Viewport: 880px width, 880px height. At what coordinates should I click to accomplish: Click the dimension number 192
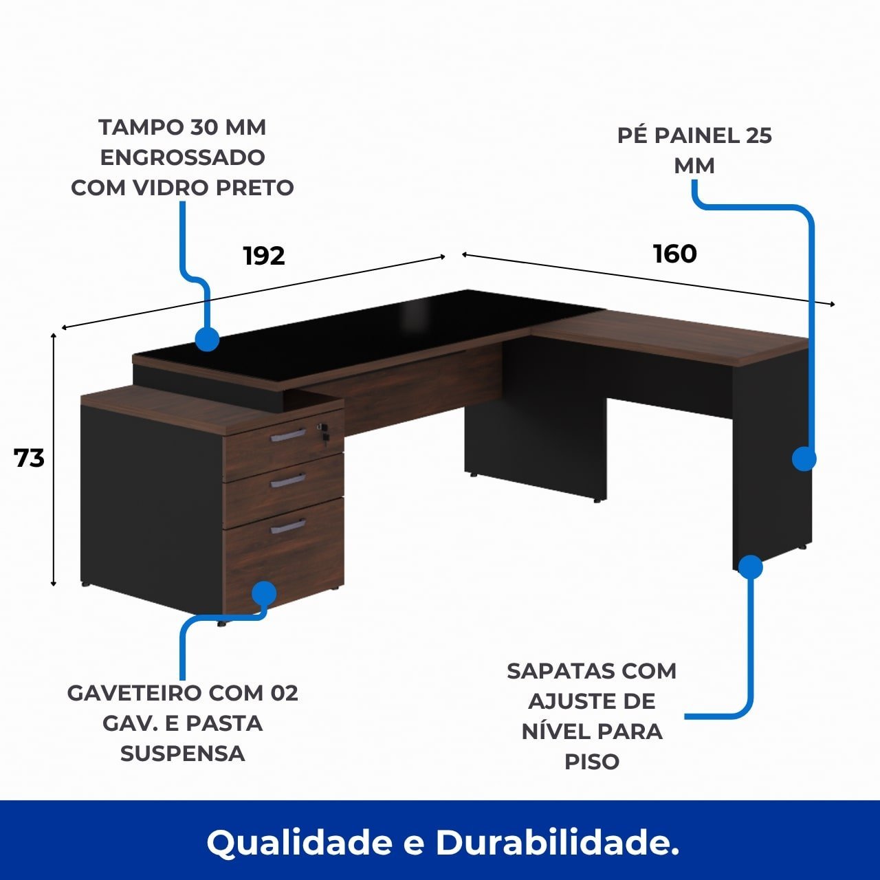(264, 256)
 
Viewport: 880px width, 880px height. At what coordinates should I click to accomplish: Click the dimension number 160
(675, 254)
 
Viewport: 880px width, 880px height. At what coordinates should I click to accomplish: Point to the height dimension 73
(30, 459)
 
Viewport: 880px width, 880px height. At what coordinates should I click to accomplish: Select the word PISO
(592, 761)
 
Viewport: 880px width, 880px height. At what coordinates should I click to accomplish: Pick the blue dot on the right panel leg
(804, 459)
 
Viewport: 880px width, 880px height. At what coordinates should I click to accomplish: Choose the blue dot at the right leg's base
(750, 566)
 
